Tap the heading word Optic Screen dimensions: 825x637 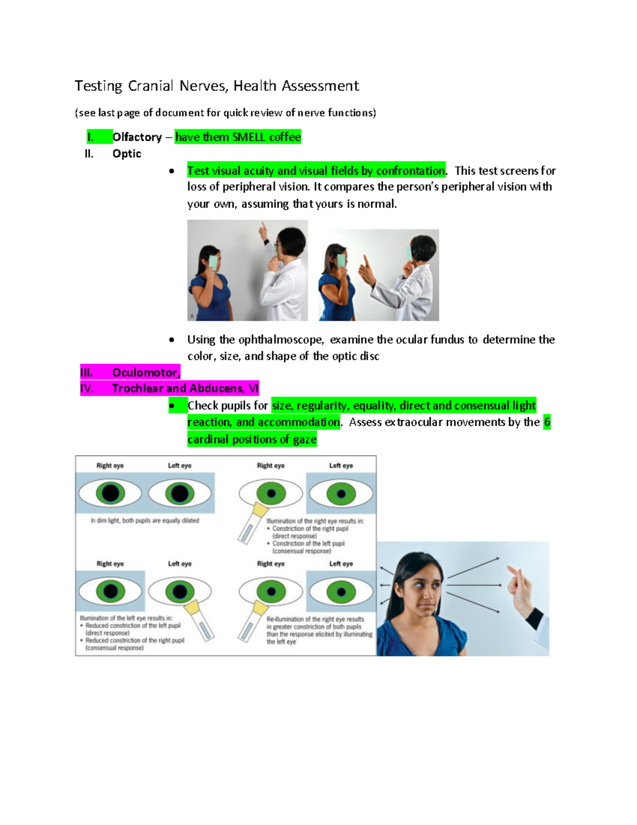pos(126,154)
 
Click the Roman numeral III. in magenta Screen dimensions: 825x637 pos(87,372)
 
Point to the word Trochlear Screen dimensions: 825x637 pos(137,388)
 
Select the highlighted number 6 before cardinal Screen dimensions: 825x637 pos(547,422)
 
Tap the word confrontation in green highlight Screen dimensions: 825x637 pos(410,171)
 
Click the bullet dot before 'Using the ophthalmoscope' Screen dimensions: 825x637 pos(171,339)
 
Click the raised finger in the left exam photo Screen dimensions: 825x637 pos(262,230)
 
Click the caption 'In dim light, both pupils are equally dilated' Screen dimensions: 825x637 pos(144,521)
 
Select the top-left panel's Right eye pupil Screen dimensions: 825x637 pos(110,493)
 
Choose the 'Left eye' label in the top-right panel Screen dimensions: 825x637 pos(341,465)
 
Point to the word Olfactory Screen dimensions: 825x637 pos(137,137)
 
